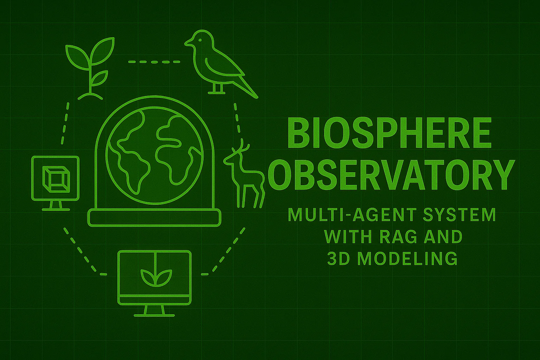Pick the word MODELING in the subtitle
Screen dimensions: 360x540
(409, 259)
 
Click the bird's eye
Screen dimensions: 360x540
(200, 40)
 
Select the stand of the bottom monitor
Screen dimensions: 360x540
(154, 310)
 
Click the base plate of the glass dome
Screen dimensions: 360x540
(155, 217)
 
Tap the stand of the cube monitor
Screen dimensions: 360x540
(56, 205)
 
